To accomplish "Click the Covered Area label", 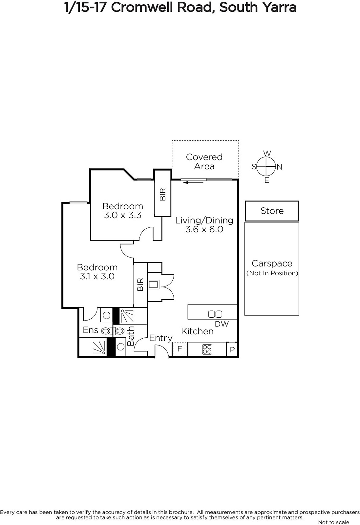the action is pos(204,161).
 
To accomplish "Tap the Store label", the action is pos(272,211).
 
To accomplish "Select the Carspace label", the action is pos(272,263).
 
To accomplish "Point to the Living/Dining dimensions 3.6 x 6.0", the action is pos(204,229).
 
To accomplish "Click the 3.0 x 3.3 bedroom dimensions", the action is pos(123,215).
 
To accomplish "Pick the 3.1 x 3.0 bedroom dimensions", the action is pos(97,276).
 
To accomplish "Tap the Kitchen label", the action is pos(197,331).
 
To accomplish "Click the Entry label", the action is pos(161,338).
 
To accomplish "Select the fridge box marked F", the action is pos(180,349).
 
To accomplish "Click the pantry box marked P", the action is pos(232,349).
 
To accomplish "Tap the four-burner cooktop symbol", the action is pos(207,349).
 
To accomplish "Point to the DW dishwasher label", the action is pos(222,324).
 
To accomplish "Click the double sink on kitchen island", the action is pos(215,314).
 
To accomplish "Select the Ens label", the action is pos(91,330).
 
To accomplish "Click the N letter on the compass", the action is pos(279,167).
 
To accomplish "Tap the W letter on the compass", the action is pos(267,153).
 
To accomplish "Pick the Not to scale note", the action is pos(333,522).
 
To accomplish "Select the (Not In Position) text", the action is pos(272,273).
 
